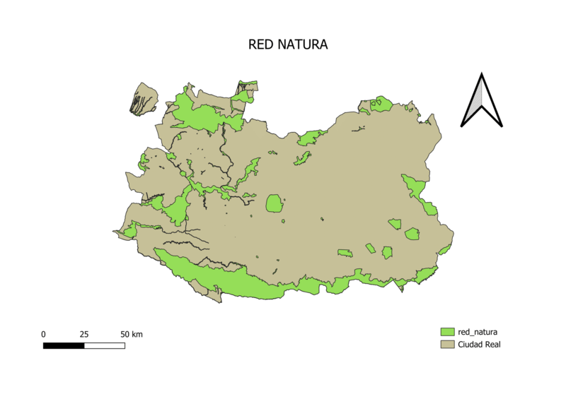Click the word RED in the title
(x=260, y=44)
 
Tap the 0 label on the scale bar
(x=44, y=334)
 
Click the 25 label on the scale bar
(x=83, y=334)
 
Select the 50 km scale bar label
(x=131, y=334)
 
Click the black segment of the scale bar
(x=64, y=345)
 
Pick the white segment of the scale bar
(x=105, y=345)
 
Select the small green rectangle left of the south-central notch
(x=345, y=253)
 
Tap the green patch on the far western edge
(x=129, y=230)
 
